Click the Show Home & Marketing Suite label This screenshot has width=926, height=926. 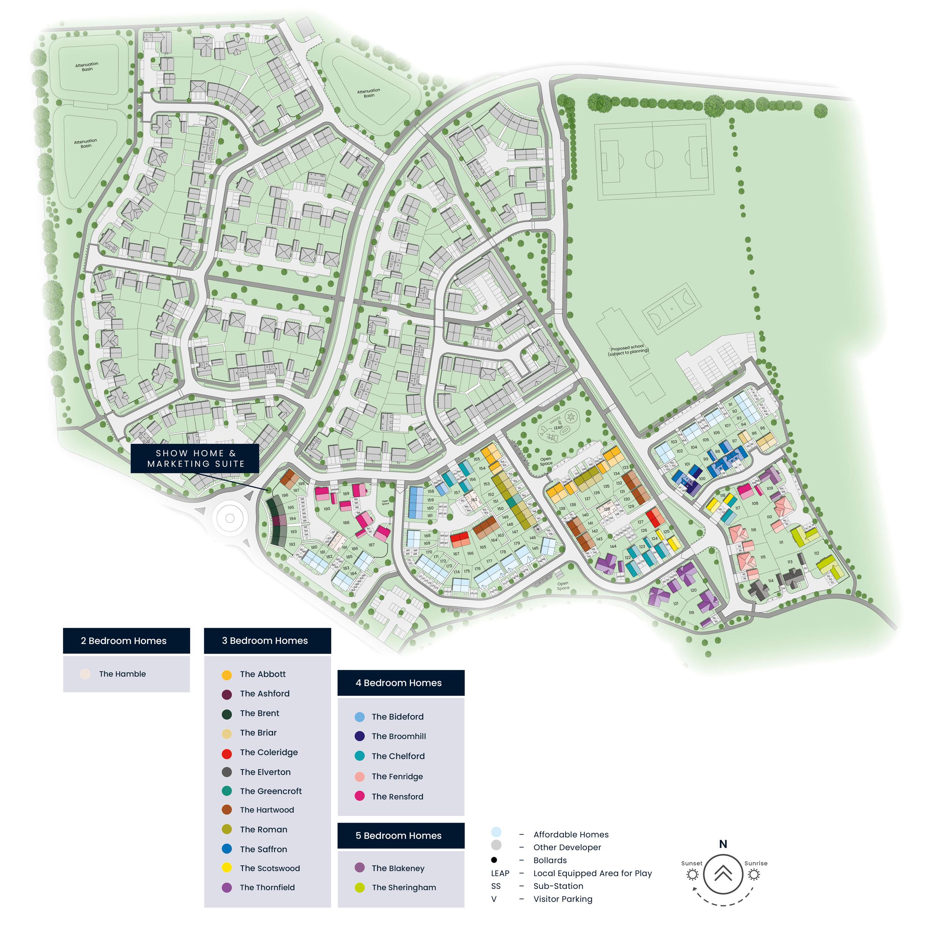(196, 459)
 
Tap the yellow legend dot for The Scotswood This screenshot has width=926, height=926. (227, 868)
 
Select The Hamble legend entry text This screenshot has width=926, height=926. (122, 674)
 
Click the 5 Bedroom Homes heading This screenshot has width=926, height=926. (401, 835)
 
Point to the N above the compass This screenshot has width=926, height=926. (723, 844)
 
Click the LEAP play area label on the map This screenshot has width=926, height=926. (558, 427)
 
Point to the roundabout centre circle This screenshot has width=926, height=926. (230, 518)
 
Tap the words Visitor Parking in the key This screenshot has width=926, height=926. (563, 899)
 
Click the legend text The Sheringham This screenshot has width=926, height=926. (404, 887)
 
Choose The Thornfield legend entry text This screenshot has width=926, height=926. (267, 887)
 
